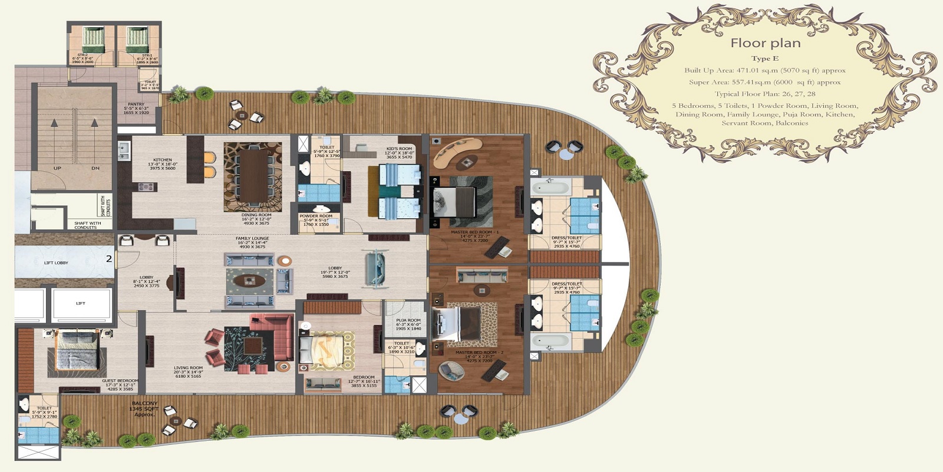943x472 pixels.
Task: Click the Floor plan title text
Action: [765, 43]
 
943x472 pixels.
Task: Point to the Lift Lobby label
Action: [56, 263]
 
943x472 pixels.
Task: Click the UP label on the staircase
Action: [57, 168]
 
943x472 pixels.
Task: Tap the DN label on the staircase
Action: [95, 168]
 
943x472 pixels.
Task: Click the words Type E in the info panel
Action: [764, 58]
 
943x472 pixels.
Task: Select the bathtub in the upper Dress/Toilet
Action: [550, 188]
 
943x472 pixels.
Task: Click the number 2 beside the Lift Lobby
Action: [108, 258]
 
